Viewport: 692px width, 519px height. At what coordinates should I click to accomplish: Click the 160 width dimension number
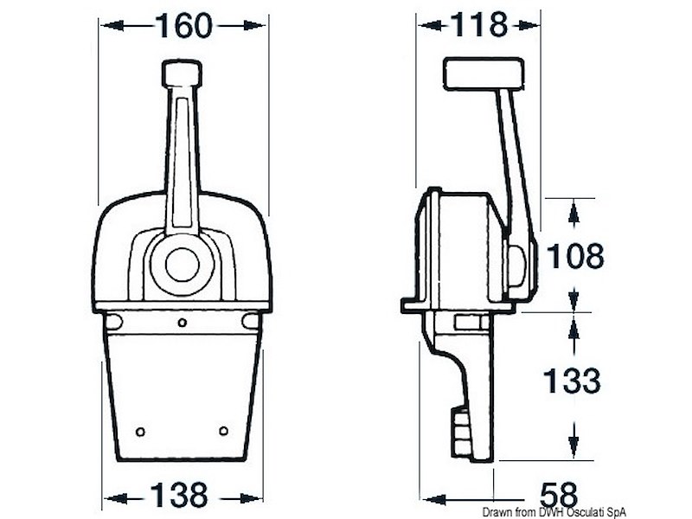coord(183,26)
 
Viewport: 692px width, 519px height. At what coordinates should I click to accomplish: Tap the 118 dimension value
coord(479,26)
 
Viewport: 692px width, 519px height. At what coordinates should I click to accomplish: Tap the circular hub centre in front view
coord(183,264)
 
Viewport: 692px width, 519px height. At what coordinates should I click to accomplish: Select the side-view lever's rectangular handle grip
coord(484,73)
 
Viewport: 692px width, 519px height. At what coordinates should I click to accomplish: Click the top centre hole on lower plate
coord(182,323)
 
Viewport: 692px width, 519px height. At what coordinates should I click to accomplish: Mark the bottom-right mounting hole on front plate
coord(223,431)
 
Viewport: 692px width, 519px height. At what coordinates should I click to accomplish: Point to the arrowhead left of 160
coord(109,27)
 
